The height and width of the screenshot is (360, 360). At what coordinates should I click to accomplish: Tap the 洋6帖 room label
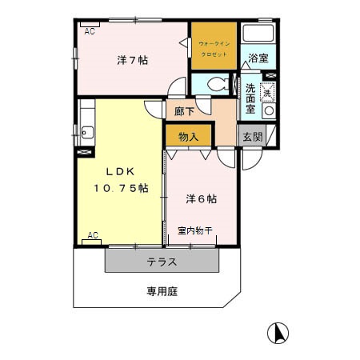(202, 198)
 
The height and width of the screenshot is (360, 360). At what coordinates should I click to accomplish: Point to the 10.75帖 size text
(120, 188)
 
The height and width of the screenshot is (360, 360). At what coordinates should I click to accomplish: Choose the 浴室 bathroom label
(257, 58)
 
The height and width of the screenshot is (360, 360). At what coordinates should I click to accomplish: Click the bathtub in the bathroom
(258, 34)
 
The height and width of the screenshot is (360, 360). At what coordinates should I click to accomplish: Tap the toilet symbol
(215, 83)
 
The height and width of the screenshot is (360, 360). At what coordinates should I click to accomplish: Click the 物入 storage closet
(188, 137)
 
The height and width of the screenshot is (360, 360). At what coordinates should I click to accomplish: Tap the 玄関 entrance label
(252, 137)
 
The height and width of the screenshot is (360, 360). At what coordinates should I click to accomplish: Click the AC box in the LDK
(92, 235)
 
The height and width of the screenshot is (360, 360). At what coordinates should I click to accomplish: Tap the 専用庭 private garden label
(162, 291)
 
